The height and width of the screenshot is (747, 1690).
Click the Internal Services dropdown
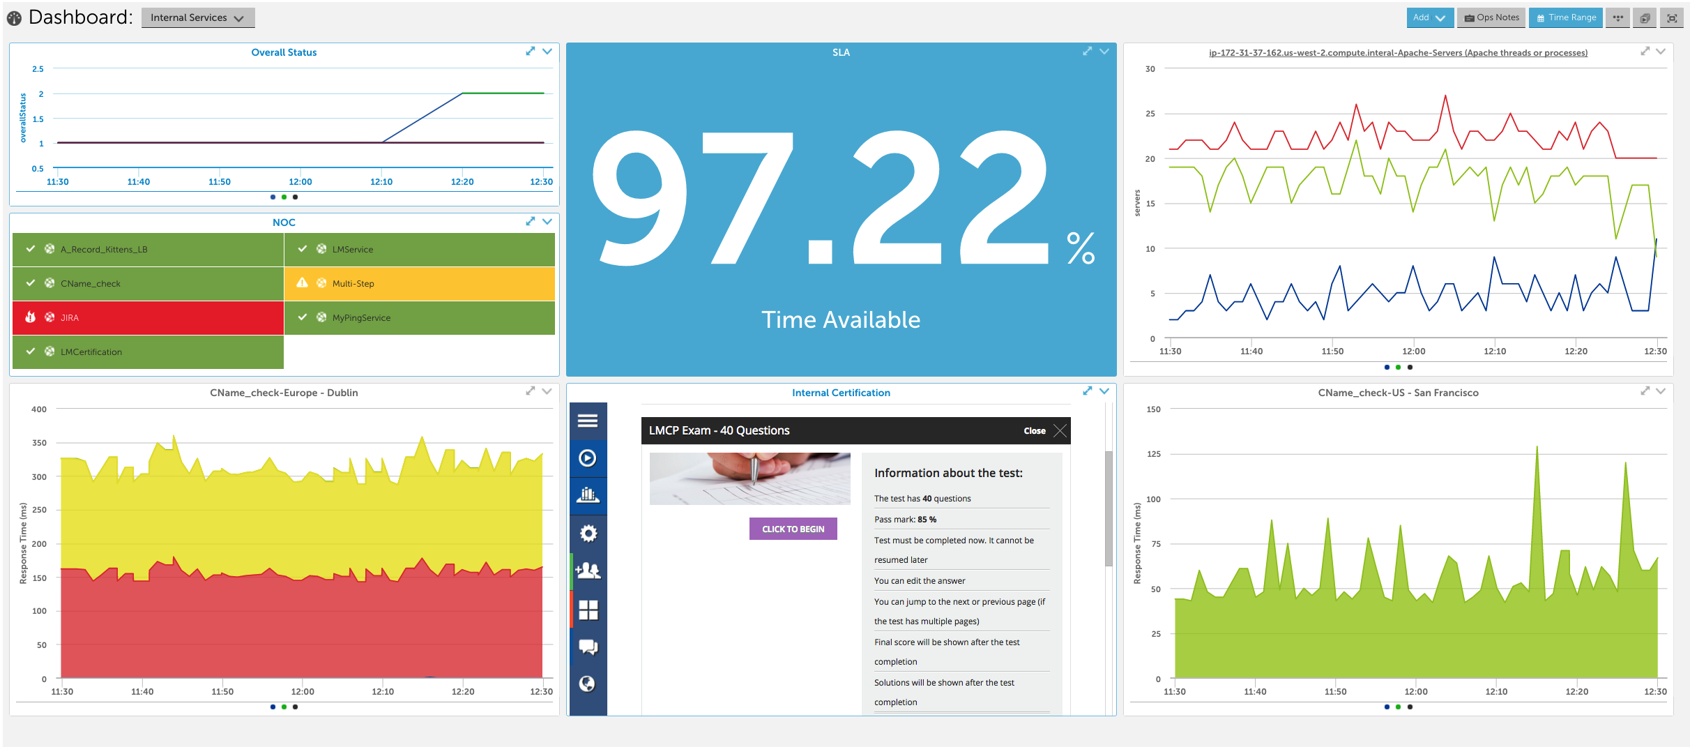[197, 18]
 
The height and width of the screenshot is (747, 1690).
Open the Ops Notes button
[1491, 18]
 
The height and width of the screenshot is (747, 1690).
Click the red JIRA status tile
[148, 317]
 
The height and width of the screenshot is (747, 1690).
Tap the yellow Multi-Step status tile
[419, 283]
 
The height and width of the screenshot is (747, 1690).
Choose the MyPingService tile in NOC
[419, 317]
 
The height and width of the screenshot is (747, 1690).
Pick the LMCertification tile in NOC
[148, 352]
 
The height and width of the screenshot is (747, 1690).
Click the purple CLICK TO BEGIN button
[793, 529]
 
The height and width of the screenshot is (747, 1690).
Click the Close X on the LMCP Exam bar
[1060, 430]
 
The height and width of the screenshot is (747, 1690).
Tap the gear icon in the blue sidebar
[588, 534]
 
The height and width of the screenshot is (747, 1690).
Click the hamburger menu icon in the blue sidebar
[588, 421]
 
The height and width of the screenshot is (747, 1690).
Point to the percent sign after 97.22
[1080, 248]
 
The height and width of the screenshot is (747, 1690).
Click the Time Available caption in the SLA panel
[841, 319]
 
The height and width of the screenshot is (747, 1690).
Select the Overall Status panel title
[284, 52]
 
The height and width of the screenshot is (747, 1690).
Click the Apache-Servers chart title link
[1398, 53]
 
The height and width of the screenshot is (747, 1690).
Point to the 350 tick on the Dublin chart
[39, 443]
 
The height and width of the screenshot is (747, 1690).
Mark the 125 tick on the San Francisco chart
[1153, 454]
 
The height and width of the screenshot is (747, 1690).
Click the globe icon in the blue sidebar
[588, 684]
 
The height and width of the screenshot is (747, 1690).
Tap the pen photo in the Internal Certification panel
[749, 478]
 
